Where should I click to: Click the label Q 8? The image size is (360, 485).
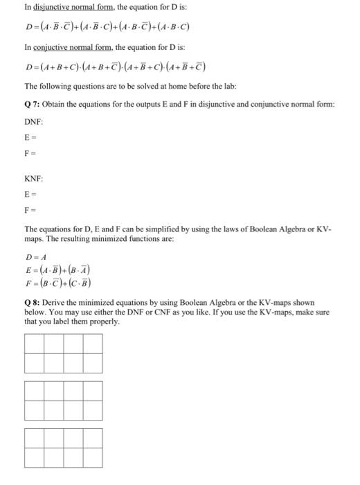32,303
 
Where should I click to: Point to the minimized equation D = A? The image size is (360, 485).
34,256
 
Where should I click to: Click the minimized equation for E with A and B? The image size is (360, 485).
57,270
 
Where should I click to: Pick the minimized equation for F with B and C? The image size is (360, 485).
57,283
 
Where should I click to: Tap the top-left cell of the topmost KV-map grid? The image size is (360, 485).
34,344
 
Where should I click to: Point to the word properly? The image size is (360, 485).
105,322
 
